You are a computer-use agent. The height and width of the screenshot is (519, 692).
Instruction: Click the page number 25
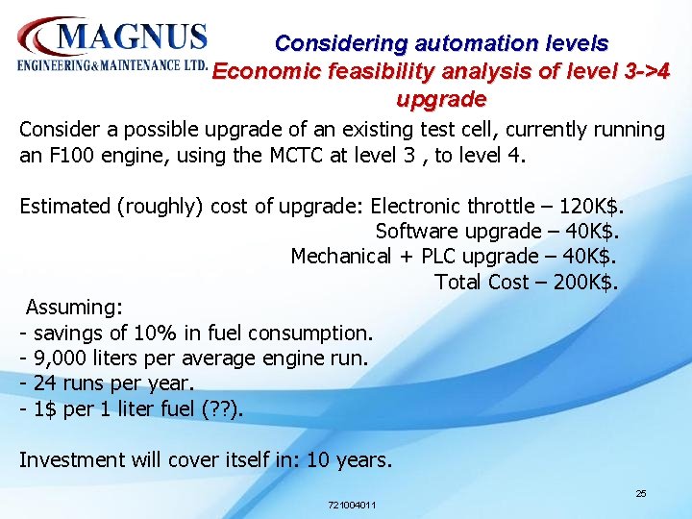coord(641,493)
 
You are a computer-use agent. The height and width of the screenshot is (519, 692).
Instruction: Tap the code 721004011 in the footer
coord(352,505)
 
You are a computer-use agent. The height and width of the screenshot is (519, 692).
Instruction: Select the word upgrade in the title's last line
coord(441,99)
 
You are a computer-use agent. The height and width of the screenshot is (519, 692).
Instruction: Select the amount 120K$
coord(590,206)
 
